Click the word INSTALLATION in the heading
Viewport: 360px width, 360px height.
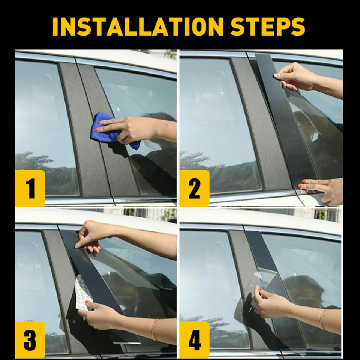click(x=138, y=26)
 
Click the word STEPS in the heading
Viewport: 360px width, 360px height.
click(x=268, y=26)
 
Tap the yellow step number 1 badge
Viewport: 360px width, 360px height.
click(x=30, y=188)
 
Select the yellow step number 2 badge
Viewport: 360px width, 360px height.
click(x=194, y=188)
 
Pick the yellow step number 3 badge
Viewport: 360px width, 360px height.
click(x=30, y=340)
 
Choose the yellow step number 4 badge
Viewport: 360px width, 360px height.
click(x=194, y=340)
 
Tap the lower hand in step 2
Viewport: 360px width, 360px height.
click(x=321, y=190)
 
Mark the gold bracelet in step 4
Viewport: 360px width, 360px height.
click(x=322, y=319)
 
